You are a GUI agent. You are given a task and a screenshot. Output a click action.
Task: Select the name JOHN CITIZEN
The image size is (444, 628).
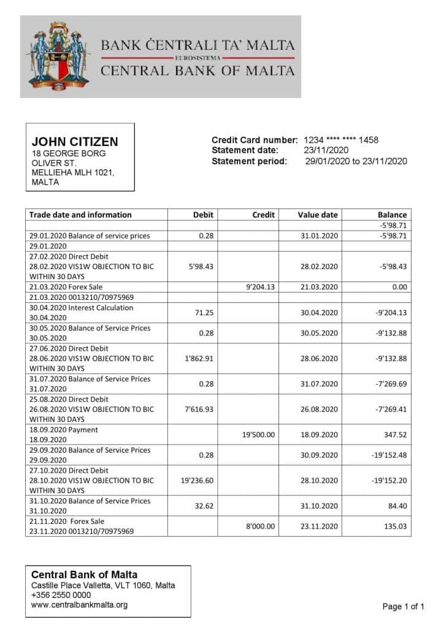tap(75, 142)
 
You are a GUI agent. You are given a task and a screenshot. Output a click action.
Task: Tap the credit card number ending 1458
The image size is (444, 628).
tap(341, 140)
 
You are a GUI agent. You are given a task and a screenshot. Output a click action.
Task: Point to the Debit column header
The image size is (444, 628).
tap(203, 215)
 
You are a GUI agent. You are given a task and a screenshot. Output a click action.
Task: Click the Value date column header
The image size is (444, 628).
tap(318, 215)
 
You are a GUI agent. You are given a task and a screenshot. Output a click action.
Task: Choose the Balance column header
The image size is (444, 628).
tap(392, 215)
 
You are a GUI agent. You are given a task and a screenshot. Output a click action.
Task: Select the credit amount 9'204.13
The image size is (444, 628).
tap(260, 287)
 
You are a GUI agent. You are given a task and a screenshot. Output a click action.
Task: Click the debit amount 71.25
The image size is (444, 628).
tap(203, 313)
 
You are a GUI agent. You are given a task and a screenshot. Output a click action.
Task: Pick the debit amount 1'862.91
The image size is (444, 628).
tap(199, 358)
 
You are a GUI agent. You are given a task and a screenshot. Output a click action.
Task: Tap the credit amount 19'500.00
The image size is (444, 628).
tap(259, 435)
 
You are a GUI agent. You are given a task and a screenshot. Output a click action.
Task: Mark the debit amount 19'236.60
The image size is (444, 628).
tap(197, 481)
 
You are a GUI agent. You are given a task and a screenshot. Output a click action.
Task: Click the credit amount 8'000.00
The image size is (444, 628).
tap(260, 526)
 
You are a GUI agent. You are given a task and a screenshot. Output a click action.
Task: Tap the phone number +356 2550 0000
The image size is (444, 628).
tap(61, 595)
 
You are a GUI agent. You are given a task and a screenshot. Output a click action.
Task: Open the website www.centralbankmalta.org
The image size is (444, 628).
tap(79, 605)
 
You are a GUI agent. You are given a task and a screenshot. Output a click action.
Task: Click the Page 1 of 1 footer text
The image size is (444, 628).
tap(403, 607)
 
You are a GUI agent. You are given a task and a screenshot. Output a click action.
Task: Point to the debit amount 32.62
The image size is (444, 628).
tap(203, 506)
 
